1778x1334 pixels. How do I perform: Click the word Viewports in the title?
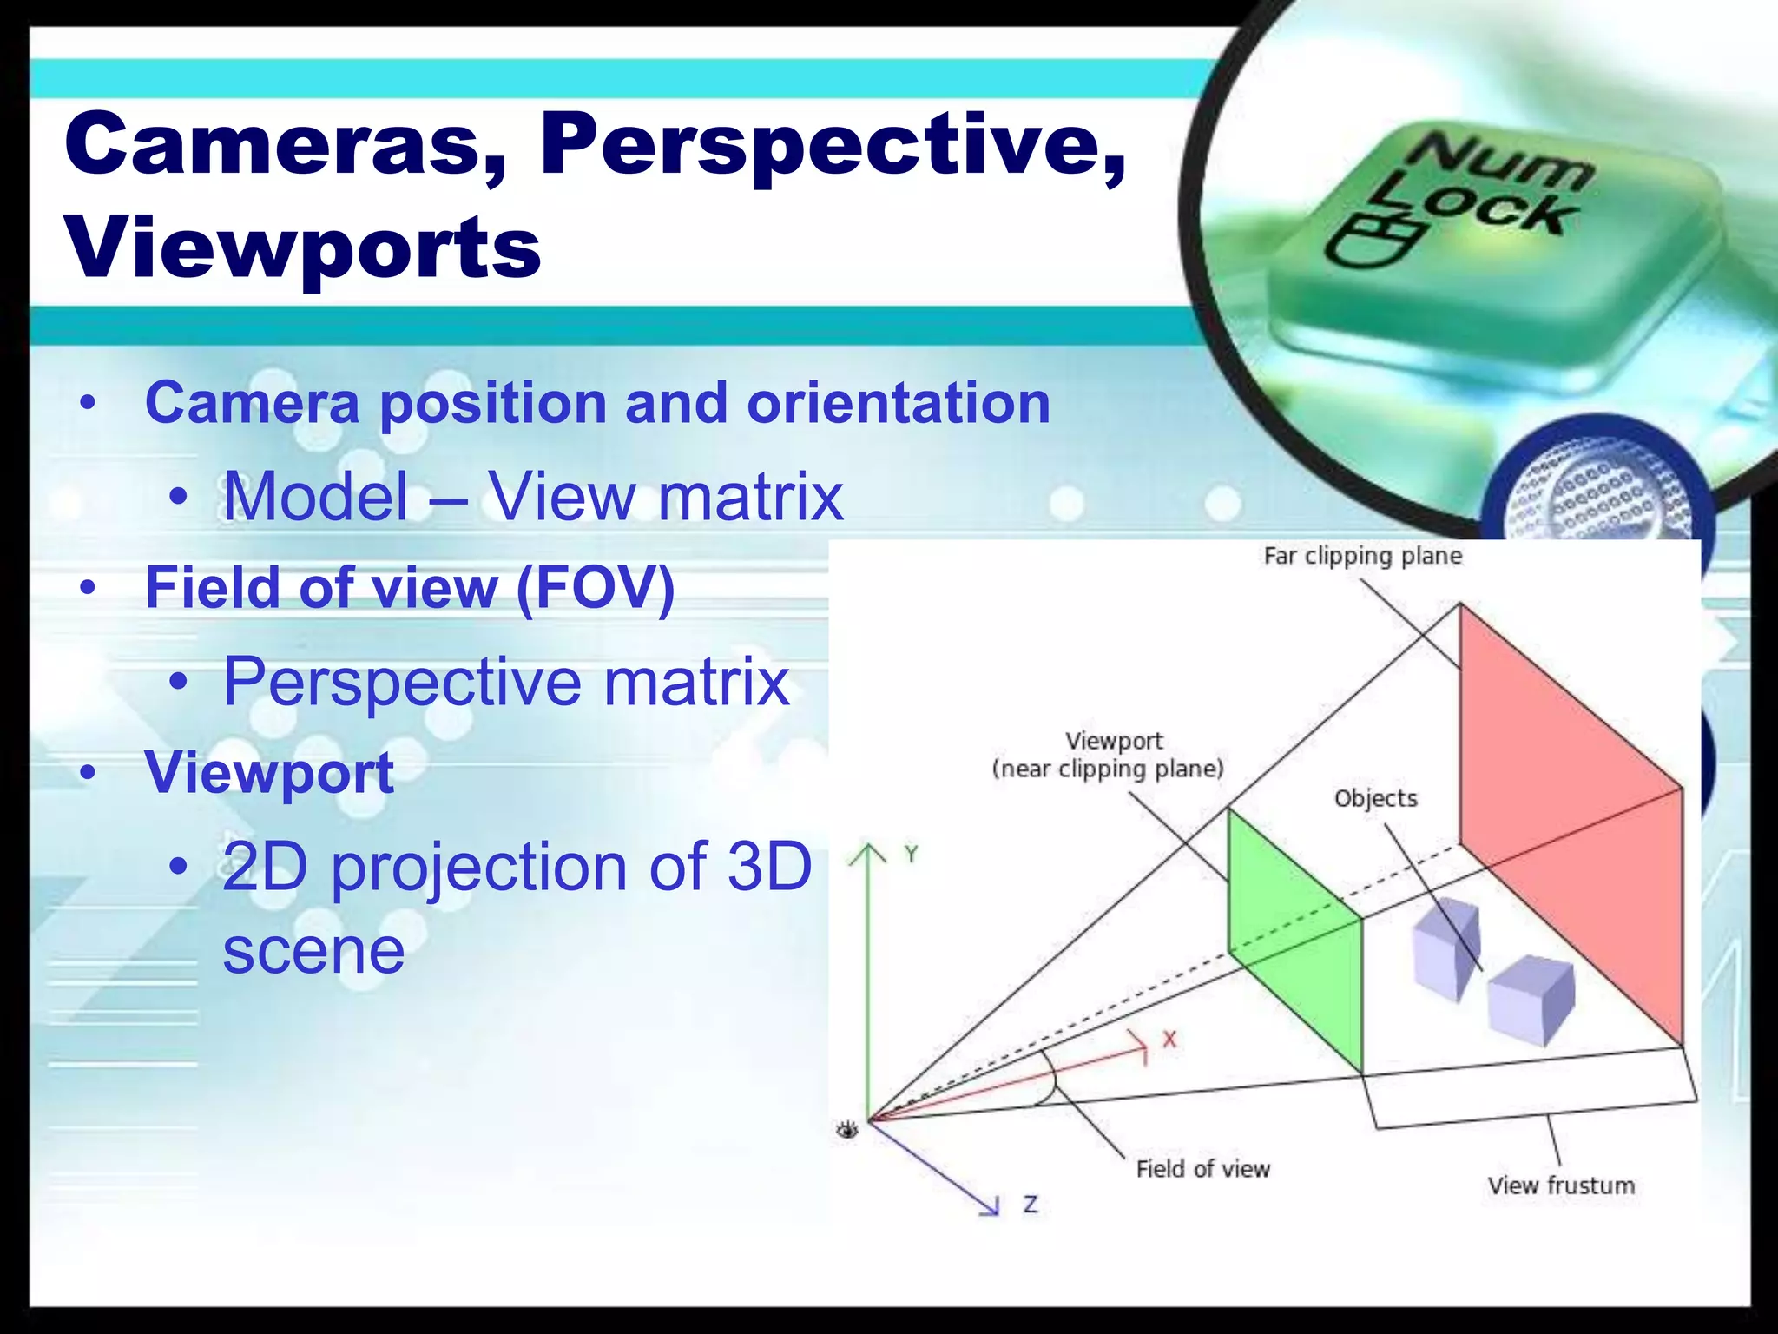click(x=304, y=248)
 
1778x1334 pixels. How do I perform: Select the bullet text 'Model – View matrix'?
click(x=532, y=497)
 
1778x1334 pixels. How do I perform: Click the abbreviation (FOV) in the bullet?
click(x=596, y=588)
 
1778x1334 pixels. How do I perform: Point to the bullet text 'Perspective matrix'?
click(x=506, y=682)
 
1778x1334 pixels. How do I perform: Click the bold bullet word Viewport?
click(x=269, y=772)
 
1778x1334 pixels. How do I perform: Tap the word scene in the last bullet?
click(x=313, y=950)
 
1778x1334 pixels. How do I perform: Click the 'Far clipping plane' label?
click(x=1362, y=556)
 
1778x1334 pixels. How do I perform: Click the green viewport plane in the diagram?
click(x=1294, y=938)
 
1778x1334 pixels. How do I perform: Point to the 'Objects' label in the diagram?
click(x=1375, y=799)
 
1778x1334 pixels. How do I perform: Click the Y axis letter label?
click(x=911, y=855)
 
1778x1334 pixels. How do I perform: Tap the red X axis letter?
click(x=1169, y=1040)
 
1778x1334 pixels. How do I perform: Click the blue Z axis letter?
click(x=1030, y=1205)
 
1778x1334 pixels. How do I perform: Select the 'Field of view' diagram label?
click(x=1202, y=1169)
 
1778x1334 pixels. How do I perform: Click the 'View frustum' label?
click(x=1561, y=1185)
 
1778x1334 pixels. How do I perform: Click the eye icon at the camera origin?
click(x=847, y=1130)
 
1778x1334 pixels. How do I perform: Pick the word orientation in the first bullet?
click(x=899, y=403)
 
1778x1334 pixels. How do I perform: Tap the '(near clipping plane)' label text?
click(x=1108, y=769)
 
